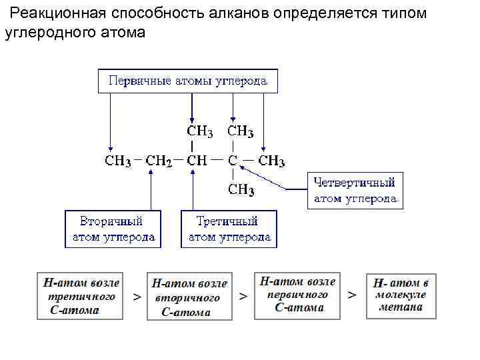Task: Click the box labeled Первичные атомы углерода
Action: click(188, 81)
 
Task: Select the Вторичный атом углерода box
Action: click(113, 229)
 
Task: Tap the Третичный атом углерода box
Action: click(229, 229)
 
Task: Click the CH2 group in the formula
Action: click(159, 161)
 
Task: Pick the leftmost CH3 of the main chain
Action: click(118, 161)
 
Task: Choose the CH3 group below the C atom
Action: click(241, 190)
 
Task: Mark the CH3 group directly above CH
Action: click(200, 131)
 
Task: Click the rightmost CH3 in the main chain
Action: click(271, 161)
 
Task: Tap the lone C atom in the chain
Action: click(233, 161)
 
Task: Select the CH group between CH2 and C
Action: click(197, 161)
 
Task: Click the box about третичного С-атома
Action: click(81, 295)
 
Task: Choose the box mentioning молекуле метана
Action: click(401, 295)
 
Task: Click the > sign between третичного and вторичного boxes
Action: click(137, 296)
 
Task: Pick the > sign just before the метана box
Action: click(352, 294)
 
